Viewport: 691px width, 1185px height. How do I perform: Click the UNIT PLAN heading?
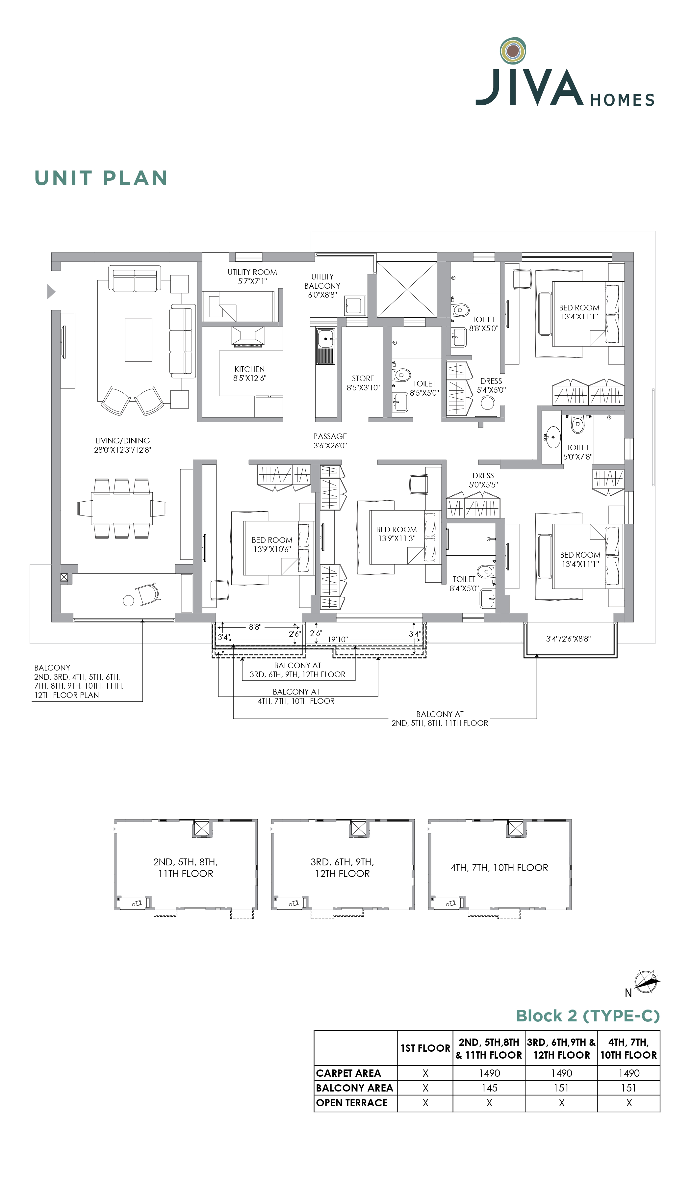[x=101, y=178]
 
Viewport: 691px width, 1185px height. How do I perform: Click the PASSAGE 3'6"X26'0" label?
[x=330, y=441]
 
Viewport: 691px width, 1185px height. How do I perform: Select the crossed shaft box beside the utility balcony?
[x=407, y=289]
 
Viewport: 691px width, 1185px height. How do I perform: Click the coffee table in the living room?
[x=138, y=339]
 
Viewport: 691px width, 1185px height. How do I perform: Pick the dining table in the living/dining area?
[x=122, y=508]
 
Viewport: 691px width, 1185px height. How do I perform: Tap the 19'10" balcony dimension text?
[x=338, y=640]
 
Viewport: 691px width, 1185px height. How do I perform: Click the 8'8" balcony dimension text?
[x=255, y=627]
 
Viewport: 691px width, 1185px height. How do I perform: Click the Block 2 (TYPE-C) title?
[x=588, y=1016]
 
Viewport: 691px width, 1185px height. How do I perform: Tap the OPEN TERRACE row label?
[x=352, y=1103]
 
